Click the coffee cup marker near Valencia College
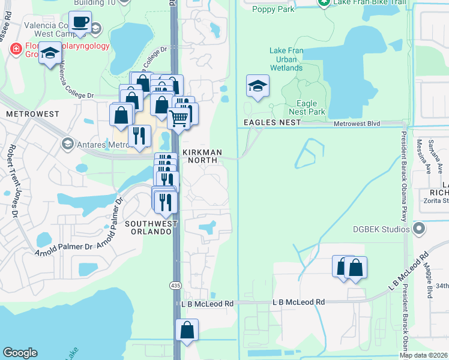point(80,23)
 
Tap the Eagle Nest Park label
point(307,107)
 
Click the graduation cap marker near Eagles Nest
point(258,86)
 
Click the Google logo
point(20,353)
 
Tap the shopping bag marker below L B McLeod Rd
point(187,330)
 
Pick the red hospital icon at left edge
point(16,49)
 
